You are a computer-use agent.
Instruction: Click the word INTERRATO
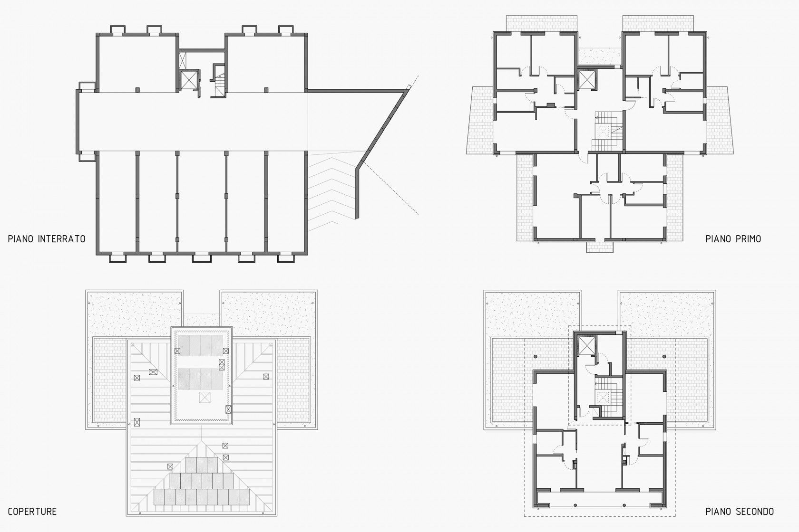61,239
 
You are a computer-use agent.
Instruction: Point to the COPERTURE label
32,512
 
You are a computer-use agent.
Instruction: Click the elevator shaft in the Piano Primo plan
587,80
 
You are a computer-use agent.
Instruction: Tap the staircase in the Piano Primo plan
607,131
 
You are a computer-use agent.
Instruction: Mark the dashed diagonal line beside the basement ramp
391,189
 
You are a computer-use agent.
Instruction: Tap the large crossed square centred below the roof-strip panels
205,397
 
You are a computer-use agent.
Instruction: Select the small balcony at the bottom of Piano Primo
600,247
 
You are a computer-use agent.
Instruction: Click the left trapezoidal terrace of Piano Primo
480,121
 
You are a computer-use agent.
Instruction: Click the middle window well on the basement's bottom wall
201,257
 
